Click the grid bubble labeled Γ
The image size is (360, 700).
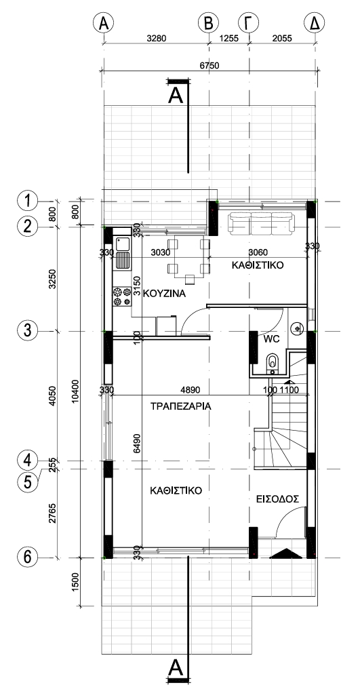coord(249,22)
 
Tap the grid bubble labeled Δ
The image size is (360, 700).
coord(315,22)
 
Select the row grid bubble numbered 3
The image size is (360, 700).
coord(27,331)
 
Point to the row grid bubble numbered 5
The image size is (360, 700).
coord(27,482)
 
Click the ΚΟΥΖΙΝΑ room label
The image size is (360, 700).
coord(164,294)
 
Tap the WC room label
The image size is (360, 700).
coord(272,339)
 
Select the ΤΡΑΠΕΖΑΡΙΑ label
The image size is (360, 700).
coord(180,407)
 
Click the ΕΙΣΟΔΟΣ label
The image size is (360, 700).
coord(277,499)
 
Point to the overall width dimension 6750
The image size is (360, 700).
coord(209,65)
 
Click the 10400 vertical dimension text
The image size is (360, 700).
coord(75,390)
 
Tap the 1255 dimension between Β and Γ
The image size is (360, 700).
coord(229,39)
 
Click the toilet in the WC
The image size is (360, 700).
coord(272,362)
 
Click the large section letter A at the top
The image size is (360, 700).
coord(176,96)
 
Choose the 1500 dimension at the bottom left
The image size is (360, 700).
coord(75,582)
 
